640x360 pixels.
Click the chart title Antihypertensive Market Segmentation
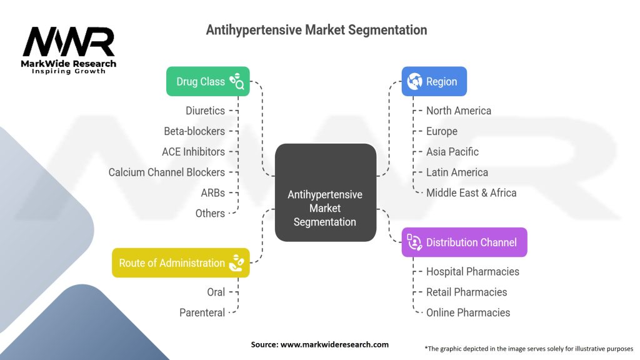pyautogui.click(x=316, y=30)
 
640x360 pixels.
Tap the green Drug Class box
pyautogui.click(x=207, y=81)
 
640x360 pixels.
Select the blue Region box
pyautogui.click(x=434, y=81)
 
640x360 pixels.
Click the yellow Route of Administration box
pyautogui.click(x=180, y=262)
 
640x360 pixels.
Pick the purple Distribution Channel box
pyautogui.click(x=464, y=242)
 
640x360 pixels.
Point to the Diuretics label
pyautogui.click(x=205, y=111)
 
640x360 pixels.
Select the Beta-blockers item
pyautogui.click(x=194, y=131)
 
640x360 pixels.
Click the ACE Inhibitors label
pyautogui.click(x=193, y=152)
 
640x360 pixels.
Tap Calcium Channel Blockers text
pyautogui.click(x=166, y=172)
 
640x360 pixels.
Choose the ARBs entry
pyautogui.click(x=213, y=192)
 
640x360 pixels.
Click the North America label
pyautogui.click(x=459, y=111)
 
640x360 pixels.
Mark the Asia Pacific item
pyautogui.click(x=452, y=152)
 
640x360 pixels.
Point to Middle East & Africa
pyautogui.click(x=471, y=192)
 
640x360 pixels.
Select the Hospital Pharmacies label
pyautogui.click(x=472, y=271)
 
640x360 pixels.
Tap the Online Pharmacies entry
pyautogui.click(x=468, y=312)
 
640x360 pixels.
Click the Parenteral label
pyautogui.click(x=202, y=312)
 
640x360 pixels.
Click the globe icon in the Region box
pyautogui.click(x=414, y=81)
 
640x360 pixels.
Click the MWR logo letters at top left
pyautogui.click(x=69, y=42)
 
